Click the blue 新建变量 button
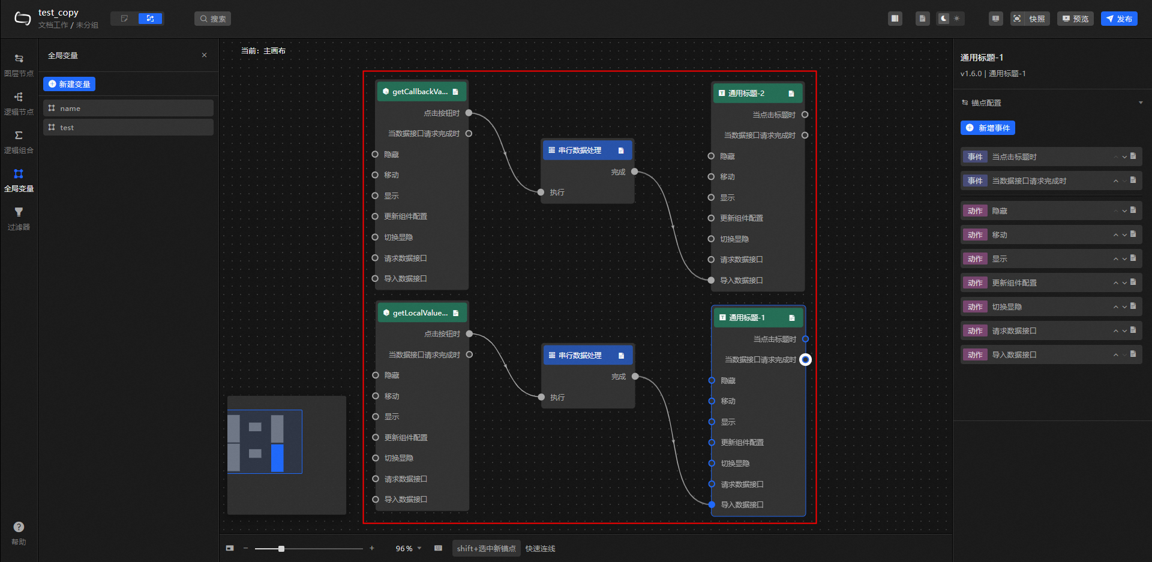click(69, 84)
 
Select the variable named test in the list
click(128, 127)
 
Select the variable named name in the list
click(128, 108)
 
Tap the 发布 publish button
click(1119, 19)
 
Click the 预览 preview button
click(1075, 19)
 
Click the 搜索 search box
click(212, 19)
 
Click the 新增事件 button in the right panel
click(988, 128)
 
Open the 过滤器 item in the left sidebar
click(19, 218)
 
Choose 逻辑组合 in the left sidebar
click(19, 142)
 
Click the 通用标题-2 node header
click(757, 93)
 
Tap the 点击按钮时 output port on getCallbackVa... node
click(469, 113)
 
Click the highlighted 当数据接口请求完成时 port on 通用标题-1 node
click(805, 359)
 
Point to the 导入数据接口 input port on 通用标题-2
click(711, 280)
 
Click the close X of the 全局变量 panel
click(204, 55)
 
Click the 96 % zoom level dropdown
click(408, 548)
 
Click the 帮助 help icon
click(19, 527)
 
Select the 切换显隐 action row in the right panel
click(1051, 306)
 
